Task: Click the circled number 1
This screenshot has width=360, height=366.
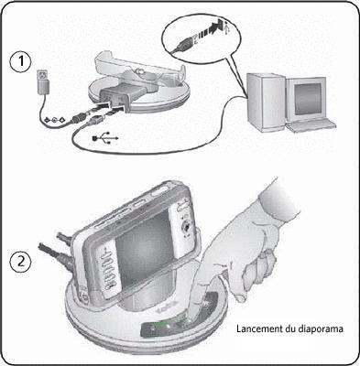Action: point(21,61)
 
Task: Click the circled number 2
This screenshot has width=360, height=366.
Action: point(20,262)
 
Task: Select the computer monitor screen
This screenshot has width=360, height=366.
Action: point(308,98)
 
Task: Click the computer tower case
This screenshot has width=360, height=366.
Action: point(266,102)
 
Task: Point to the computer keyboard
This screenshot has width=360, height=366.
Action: point(311,125)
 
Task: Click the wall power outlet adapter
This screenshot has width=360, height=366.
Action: point(42,81)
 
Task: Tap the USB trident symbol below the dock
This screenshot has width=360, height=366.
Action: point(104,138)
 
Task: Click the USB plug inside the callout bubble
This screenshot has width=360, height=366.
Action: point(182,43)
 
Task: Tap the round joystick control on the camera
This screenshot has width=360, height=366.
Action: point(185,227)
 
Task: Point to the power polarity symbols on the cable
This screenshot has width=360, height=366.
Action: point(55,120)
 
